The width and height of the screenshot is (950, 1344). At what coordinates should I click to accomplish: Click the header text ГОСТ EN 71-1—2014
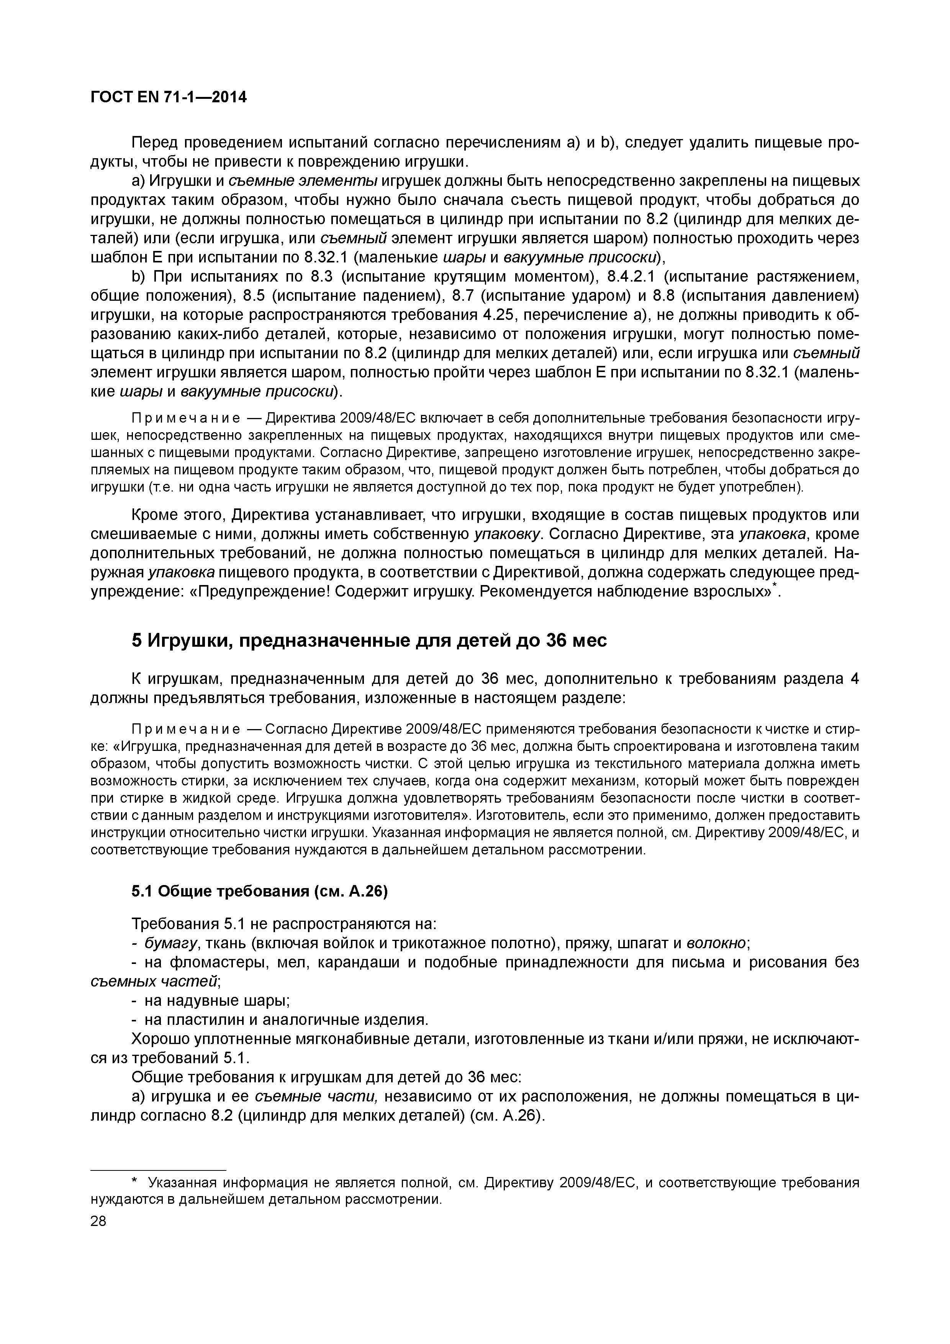click(169, 97)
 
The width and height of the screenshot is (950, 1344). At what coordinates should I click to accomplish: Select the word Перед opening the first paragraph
click(155, 143)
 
